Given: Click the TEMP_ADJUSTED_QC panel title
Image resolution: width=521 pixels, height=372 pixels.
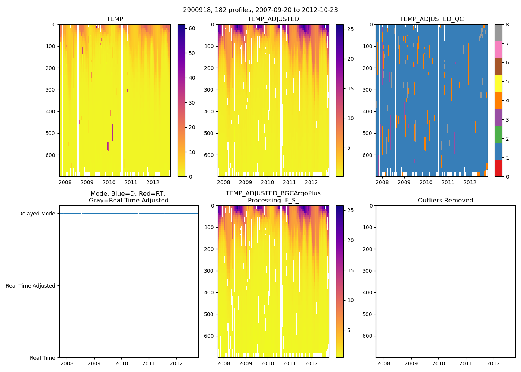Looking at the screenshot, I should pyautogui.click(x=431, y=19).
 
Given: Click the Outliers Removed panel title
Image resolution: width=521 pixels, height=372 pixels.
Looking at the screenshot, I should pyautogui.click(x=445, y=201).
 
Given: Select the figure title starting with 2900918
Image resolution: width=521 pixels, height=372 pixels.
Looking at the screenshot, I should pyautogui.click(x=260, y=10).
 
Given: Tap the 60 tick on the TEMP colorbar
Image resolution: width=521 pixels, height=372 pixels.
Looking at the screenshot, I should pyautogui.click(x=192, y=28).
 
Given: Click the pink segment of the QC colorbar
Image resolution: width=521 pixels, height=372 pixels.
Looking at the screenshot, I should pyautogui.click(x=498, y=49).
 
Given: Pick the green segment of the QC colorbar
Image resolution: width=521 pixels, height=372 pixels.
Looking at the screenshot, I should pyautogui.click(x=498, y=134).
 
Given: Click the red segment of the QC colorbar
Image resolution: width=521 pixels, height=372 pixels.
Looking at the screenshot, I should pyautogui.click(x=498, y=168).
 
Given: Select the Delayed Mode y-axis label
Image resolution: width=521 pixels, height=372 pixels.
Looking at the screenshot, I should pyautogui.click(x=36, y=214).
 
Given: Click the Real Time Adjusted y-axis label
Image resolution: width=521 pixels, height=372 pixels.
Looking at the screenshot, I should pyautogui.click(x=31, y=286).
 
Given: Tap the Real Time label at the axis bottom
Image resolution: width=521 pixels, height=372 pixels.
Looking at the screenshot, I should pyautogui.click(x=42, y=358).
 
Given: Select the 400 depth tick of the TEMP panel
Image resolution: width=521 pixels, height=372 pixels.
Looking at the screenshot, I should pyautogui.click(x=51, y=112).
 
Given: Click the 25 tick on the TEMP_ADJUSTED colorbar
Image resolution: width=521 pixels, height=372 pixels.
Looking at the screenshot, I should pyautogui.click(x=350, y=29).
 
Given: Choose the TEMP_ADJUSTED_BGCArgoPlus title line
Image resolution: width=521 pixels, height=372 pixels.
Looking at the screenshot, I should pyautogui.click(x=273, y=193).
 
